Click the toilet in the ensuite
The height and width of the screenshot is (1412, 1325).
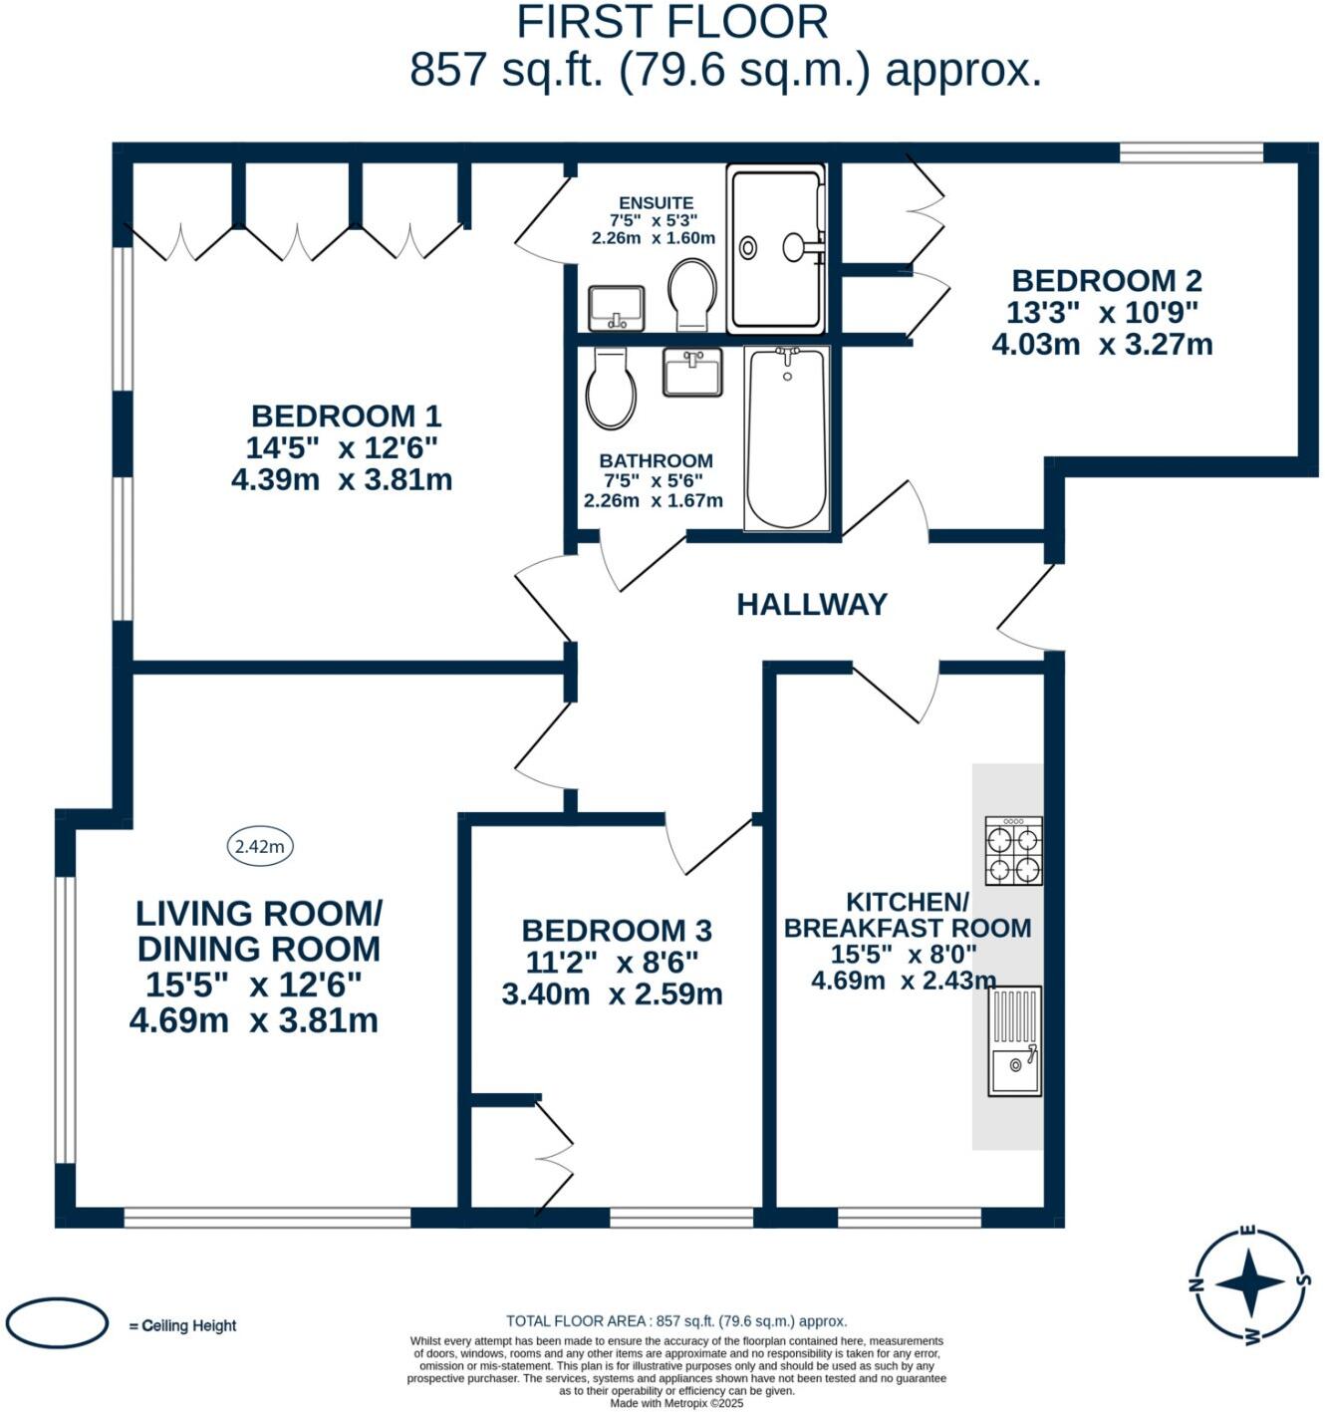pos(691,294)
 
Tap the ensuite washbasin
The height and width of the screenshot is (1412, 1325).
pos(617,308)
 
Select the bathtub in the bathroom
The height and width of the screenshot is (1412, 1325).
pos(787,438)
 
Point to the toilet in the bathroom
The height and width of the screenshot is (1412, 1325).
pos(611,388)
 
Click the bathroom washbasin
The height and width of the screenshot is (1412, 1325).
pos(692,371)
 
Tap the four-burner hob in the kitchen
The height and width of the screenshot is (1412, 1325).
pos(1013,850)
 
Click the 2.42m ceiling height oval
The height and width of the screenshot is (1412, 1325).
pos(259,846)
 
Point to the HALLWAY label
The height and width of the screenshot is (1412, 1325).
pos(812,605)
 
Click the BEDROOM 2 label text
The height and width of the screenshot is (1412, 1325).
pos(1106,281)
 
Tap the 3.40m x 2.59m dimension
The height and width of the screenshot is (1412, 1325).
pos(612,993)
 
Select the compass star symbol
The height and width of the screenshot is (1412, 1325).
pos(1249,1283)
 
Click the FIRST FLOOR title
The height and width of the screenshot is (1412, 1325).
pos(671,22)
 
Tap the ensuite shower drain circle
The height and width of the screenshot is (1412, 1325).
pos(748,247)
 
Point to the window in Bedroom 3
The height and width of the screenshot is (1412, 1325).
pos(681,1218)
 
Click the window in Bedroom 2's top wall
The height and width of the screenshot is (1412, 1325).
pos(1192,152)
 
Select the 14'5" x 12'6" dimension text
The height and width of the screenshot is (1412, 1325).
pos(341,448)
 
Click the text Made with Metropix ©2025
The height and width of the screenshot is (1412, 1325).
pos(676,1403)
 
